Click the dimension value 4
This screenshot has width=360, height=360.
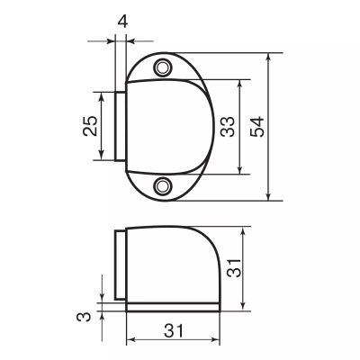pos(122,19)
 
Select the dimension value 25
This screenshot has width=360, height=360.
pos(90,126)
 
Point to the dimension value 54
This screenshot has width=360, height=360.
pos(257,126)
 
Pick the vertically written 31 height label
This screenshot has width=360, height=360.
pos(232,268)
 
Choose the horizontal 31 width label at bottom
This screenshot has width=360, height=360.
pos(172,329)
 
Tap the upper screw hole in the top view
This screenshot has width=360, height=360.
pos(163,67)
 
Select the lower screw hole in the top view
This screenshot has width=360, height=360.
pos(163,185)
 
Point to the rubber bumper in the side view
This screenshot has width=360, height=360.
pos(119,267)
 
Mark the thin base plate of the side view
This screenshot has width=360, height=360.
pos(171,308)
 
